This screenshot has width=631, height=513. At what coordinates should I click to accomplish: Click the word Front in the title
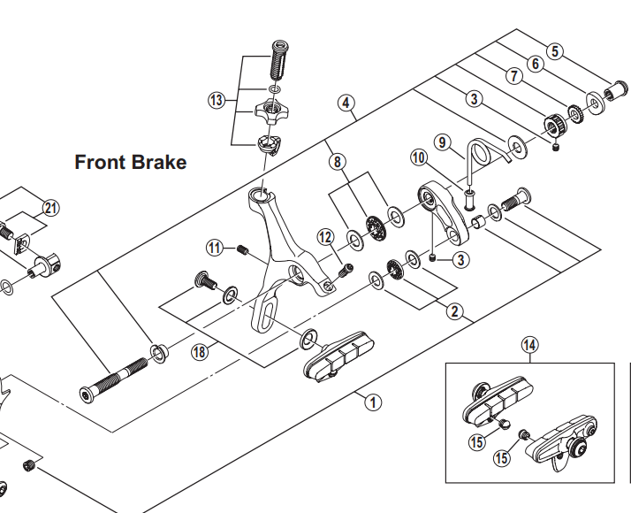(100, 163)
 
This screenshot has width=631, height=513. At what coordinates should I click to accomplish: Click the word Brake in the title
(158, 163)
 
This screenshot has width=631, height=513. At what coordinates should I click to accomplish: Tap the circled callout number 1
(373, 402)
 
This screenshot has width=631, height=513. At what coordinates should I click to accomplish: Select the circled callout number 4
(346, 103)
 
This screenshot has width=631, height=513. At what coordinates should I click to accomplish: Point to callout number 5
(553, 50)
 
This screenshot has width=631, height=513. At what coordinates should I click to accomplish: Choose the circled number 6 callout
(535, 63)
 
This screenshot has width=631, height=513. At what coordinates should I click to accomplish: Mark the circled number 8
(337, 162)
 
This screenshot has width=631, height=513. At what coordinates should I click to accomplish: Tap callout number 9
(443, 142)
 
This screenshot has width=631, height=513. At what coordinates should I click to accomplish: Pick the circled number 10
(418, 157)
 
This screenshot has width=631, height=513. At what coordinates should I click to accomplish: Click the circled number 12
(325, 236)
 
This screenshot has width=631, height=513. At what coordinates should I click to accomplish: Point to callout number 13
(217, 100)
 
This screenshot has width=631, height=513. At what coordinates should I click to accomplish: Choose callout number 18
(200, 352)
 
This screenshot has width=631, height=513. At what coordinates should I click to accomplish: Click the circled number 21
(49, 208)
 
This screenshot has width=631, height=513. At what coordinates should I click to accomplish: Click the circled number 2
(454, 310)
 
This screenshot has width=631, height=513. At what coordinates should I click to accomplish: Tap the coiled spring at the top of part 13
(279, 60)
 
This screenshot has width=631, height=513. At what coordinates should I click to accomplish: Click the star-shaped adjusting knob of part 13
(270, 112)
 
